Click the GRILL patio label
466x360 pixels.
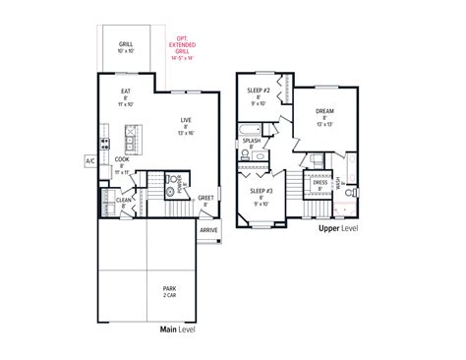(126, 46)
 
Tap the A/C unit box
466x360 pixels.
(90, 158)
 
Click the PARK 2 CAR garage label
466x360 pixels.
(172, 292)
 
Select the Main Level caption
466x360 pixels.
(180, 330)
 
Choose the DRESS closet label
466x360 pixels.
(320, 183)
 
